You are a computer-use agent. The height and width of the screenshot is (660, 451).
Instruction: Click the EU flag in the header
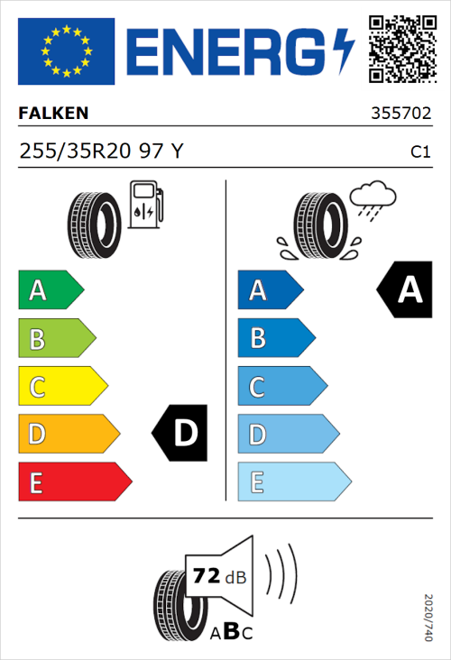(x=66, y=51)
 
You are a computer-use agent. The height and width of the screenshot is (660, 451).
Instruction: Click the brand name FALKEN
(x=53, y=114)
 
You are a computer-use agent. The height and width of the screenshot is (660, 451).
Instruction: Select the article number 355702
(x=400, y=115)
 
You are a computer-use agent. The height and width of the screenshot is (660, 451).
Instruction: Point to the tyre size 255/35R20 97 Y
(x=101, y=151)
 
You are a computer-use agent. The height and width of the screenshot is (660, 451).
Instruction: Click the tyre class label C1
(x=419, y=152)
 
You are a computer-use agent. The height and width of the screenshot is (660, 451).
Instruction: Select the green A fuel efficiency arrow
(x=51, y=290)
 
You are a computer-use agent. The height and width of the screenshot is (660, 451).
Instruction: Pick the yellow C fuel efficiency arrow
(x=62, y=387)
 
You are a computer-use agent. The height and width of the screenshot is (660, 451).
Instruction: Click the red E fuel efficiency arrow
(x=74, y=482)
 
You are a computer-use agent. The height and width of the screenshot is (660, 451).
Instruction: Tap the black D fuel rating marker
(x=180, y=433)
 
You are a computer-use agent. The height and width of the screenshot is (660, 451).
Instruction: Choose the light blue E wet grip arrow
(x=293, y=482)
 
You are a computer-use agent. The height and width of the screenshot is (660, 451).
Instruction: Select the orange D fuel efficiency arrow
(x=69, y=435)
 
